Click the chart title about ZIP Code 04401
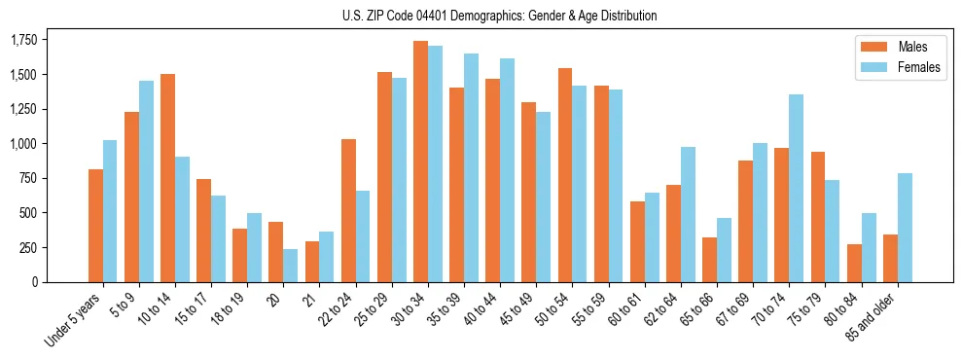pos(499,16)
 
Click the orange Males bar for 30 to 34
pos(420,162)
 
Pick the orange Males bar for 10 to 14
pos(167,178)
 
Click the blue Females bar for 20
pos(290,266)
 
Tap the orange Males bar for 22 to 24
pos(348,210)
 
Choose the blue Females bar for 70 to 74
pos(797,188)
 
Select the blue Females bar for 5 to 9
pos(146,181)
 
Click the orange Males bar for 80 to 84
pos(854,263)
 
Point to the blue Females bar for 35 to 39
pos(471,167)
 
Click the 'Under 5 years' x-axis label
pos(74,320)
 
